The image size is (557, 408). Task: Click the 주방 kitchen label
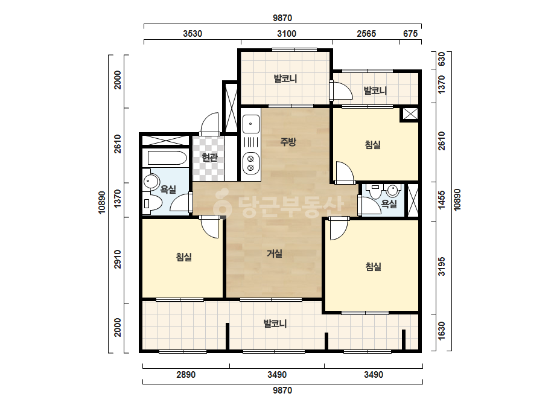point(288,142)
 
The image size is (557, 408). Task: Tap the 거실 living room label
point(274,253)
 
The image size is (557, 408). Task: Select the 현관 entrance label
point(209,157)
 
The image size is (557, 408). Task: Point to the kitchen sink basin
point(251,124)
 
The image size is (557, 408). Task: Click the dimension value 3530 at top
point(193,33)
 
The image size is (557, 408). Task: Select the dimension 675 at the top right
point(410,33)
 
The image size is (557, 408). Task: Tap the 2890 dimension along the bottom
point(186,375)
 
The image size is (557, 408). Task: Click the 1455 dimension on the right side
point(442,200)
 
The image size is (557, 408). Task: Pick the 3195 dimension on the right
point(442,267)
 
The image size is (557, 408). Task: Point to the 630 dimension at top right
point(442,59)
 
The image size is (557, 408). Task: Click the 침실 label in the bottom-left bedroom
point(184,257)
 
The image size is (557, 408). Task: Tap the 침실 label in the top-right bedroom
point(372,145)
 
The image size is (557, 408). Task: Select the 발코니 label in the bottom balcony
point(275,324)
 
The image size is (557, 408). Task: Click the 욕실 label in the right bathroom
point(389,203)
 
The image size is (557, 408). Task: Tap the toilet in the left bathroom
point(152,203)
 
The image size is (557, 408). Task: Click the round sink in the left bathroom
point(151,182)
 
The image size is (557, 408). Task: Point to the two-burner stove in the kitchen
point(251,163)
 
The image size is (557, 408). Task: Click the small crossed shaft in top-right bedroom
point(410,114)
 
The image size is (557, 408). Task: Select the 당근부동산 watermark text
point(279,206)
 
